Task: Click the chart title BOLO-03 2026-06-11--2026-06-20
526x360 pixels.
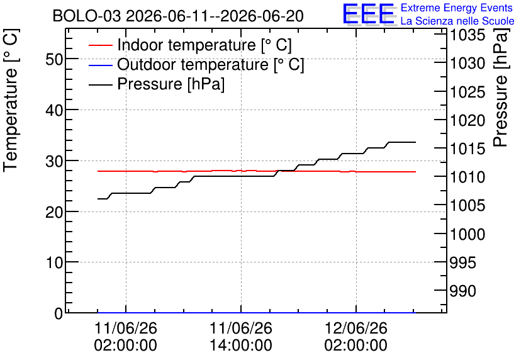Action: (178, 16)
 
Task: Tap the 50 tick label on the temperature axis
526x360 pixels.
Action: (54, 59)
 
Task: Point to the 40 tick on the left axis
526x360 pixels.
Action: (54, 110)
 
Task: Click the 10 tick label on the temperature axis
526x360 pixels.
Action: (54, 262)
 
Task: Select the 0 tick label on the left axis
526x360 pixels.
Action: (59, 313)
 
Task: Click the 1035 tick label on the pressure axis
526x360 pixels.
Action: (467, 35)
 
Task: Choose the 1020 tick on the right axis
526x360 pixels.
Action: (467, 120)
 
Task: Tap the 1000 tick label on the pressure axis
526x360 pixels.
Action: (467, 234)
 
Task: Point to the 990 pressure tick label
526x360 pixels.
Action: (462, 291)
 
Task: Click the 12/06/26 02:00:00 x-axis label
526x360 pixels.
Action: (356, 336)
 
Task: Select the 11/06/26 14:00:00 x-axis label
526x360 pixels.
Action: (241, 336)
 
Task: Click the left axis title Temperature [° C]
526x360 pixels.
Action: (11, 101)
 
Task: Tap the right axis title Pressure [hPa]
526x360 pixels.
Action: (500, 87)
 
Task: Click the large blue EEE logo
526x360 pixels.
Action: (369, 14)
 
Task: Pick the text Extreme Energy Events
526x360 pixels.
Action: (457, 8)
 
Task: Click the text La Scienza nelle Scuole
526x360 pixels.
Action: (457, 21)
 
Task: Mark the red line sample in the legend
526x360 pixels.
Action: (100, 45)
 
